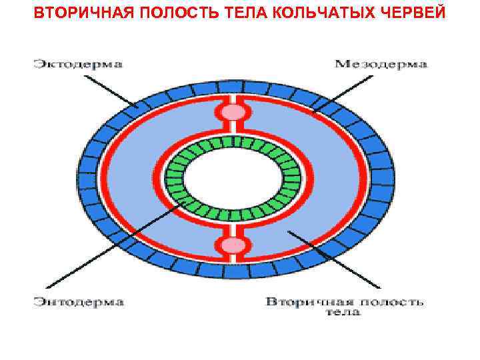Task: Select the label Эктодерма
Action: pos(78,65)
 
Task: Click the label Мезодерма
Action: pos(381,65)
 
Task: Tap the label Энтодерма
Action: pos(79,302)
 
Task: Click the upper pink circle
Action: pos(233,111)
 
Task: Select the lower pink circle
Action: pos(233,245)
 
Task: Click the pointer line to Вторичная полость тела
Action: pos(333,260)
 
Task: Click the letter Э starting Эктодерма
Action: pos(37,65)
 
